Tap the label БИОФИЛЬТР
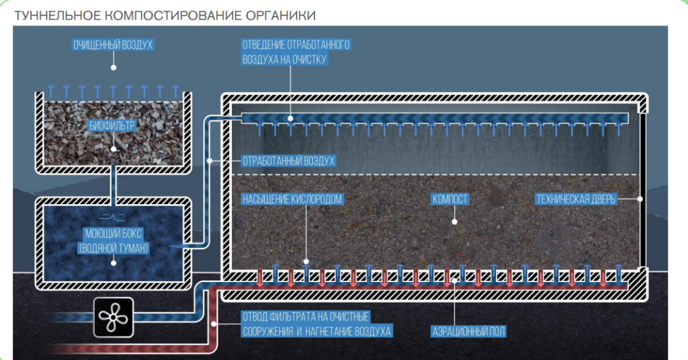114,125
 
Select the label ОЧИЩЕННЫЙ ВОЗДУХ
114,45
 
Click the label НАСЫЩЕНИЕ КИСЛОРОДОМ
292,199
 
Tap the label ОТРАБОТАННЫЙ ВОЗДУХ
288,161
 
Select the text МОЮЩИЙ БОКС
113,235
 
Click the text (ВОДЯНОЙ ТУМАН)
113,248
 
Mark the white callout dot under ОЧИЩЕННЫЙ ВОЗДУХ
114,68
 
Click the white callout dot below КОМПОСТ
454,220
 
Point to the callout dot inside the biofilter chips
114,149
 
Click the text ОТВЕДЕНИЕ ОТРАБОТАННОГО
296,45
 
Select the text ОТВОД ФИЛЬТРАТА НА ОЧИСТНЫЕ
306,316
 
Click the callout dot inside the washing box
114,263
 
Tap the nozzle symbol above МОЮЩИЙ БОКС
113,216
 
